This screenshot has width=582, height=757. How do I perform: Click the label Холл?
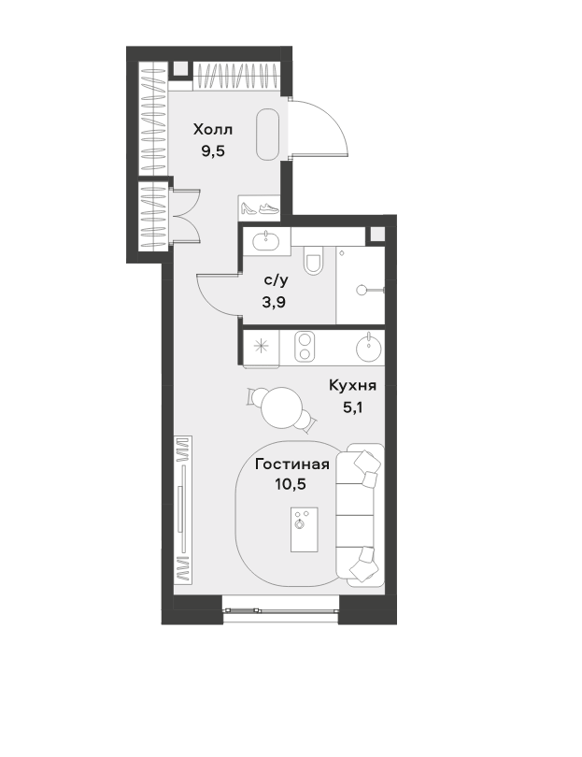tap(213, 129)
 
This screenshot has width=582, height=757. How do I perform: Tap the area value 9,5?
tap(213, 151)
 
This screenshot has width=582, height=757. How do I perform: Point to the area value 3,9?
tap(274, 302)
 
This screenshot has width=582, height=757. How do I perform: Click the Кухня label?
tap(352, 385)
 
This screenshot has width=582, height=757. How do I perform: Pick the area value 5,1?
tap(352, 407)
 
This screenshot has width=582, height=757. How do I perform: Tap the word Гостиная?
tap(292, 464)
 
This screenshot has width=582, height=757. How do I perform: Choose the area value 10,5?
tap(291, 484)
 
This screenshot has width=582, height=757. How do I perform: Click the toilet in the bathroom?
tap(313, 261)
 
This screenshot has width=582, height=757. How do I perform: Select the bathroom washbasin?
tap(265, 240)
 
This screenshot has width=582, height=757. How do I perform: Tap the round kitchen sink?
tap(369, 347)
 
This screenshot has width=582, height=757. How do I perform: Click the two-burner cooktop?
tap(305, 346)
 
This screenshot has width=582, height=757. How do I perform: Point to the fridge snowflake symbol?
tap(261, 346)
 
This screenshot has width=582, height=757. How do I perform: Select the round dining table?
tap(282, 407)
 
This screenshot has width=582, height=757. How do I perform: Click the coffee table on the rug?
tap(304, 529)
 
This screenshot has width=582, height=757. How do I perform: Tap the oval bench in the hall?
tap(268, 135)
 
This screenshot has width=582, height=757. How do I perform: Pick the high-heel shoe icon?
tap(249, 208)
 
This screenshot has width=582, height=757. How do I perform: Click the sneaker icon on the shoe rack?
tap(269, 208)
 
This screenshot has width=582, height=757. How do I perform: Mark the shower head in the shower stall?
tap(362, 290)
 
